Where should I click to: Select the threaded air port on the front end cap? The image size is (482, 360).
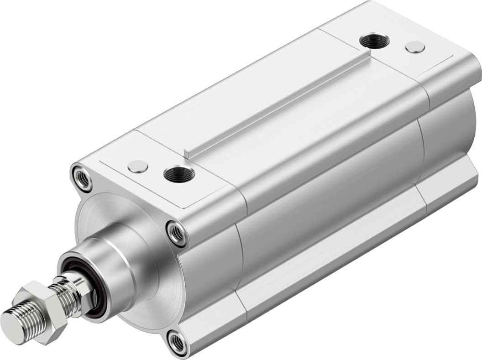point(179,174)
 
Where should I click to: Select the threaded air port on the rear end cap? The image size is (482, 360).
point(374,41)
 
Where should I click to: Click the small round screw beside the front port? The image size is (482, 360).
point(137,167)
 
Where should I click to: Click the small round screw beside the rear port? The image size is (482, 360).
point(415,47)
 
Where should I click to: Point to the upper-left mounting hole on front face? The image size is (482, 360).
point(83,178)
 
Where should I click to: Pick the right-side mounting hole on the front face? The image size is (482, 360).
point(176,233)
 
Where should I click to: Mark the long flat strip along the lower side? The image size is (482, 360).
point(329,269)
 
